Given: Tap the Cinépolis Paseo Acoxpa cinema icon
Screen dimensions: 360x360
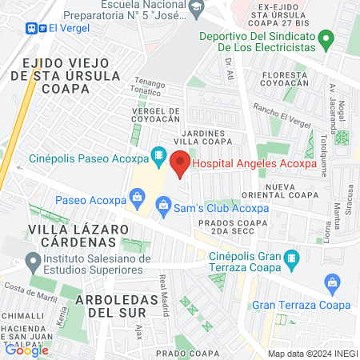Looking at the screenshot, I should [158, 153].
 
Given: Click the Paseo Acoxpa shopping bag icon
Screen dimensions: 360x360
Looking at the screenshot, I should [137, 196].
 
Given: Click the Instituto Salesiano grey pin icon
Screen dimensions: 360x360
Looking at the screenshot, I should [33, 261].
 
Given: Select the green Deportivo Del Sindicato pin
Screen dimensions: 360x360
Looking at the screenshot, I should [325, 38].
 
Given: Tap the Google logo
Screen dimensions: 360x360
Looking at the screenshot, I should [26, 350].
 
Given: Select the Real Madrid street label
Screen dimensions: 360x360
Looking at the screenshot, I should [165, 294].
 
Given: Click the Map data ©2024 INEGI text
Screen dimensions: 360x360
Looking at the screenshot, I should [313, 353].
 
